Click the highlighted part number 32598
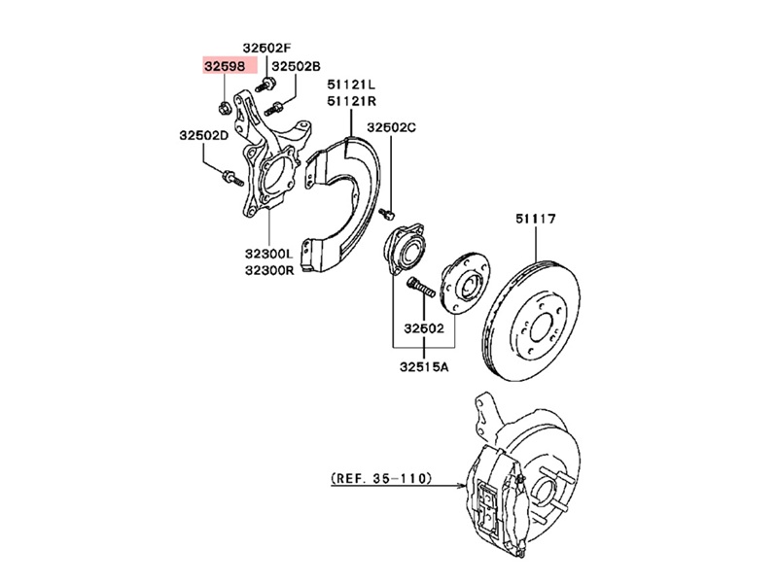coord(225,66)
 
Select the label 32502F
coord(267,47)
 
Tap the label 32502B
coord(296,66)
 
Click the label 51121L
coord(351,85)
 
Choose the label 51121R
coord(351,101)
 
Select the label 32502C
coord(391,127)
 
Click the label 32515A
coord(422,367)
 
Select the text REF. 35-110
coord(380,478)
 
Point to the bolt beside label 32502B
coord(272,106)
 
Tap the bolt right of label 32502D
coord(230,177)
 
